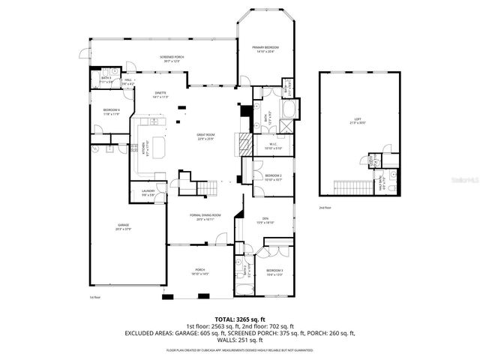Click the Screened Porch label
172,58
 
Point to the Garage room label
123,227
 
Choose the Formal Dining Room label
205,217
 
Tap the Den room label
265,220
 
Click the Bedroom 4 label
111,112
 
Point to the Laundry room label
148,193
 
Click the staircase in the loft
347,187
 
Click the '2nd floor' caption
324,207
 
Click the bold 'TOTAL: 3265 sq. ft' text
240,319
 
